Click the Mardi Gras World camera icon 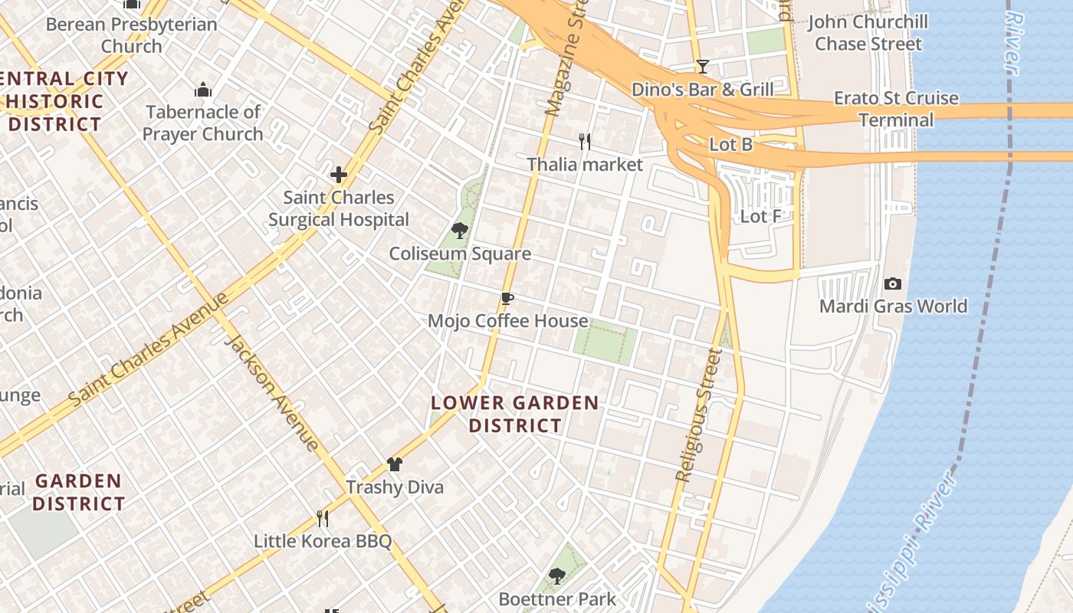point(893,284)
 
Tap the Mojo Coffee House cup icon point(506,298)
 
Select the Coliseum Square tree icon point(460,231)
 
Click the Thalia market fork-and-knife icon point(584,141)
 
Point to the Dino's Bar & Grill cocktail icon point(702,67)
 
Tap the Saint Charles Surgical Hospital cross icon point(339,175)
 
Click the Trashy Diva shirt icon point(395,464)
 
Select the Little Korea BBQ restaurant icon point(323,519)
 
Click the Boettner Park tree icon point(557,575)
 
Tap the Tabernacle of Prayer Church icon point(203,90)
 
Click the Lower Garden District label point(515,414)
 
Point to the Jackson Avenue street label point(271,392)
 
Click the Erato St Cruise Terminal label point(896,109)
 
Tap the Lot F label point(760,217)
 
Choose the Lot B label point(731,144)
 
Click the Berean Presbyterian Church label point(132,35)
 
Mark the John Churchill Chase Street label point(868,33)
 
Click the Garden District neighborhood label point(78,492)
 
